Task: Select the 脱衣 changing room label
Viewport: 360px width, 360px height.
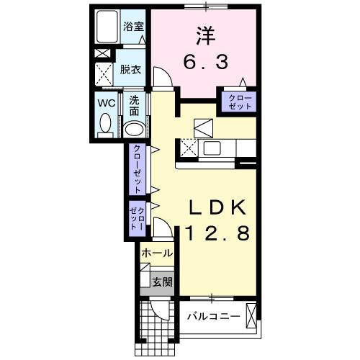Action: pyautogui.click(x=130, y=70)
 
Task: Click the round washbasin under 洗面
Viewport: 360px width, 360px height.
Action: pyautogui.click(x=135, y=129)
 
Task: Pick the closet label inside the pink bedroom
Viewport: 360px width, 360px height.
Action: pyautogui.click(x=239, y=101)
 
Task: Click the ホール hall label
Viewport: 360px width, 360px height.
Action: pyautogui.click(x=156, y=253)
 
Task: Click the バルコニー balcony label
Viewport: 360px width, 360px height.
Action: pyautogui.click(x=213, y=315)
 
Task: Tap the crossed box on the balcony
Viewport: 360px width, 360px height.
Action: pyautogui.click(x=252, y=315)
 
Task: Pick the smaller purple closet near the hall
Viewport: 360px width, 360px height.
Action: pyautogui.click(x=137, y=217)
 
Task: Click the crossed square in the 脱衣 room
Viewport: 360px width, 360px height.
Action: pyautogui.click(x=104, y=73)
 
